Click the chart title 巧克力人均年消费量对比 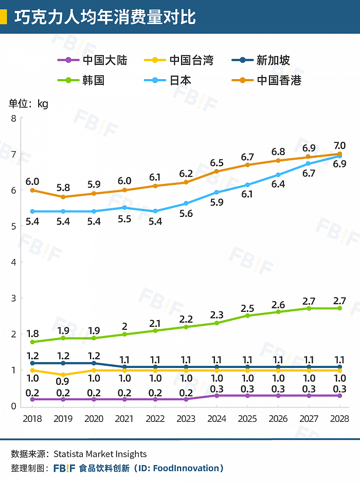(x=105, y=16)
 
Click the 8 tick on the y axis (x=14, y=118)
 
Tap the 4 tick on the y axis (x=14, y=262)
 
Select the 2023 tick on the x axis (x=186, y=418)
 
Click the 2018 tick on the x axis (x=32, y=418)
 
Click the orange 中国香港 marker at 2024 (x=217, y=171)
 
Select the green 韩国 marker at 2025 (x=247, y=315)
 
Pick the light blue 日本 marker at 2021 (x=124, y=208)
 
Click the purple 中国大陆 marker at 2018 (x=32, y=399)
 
